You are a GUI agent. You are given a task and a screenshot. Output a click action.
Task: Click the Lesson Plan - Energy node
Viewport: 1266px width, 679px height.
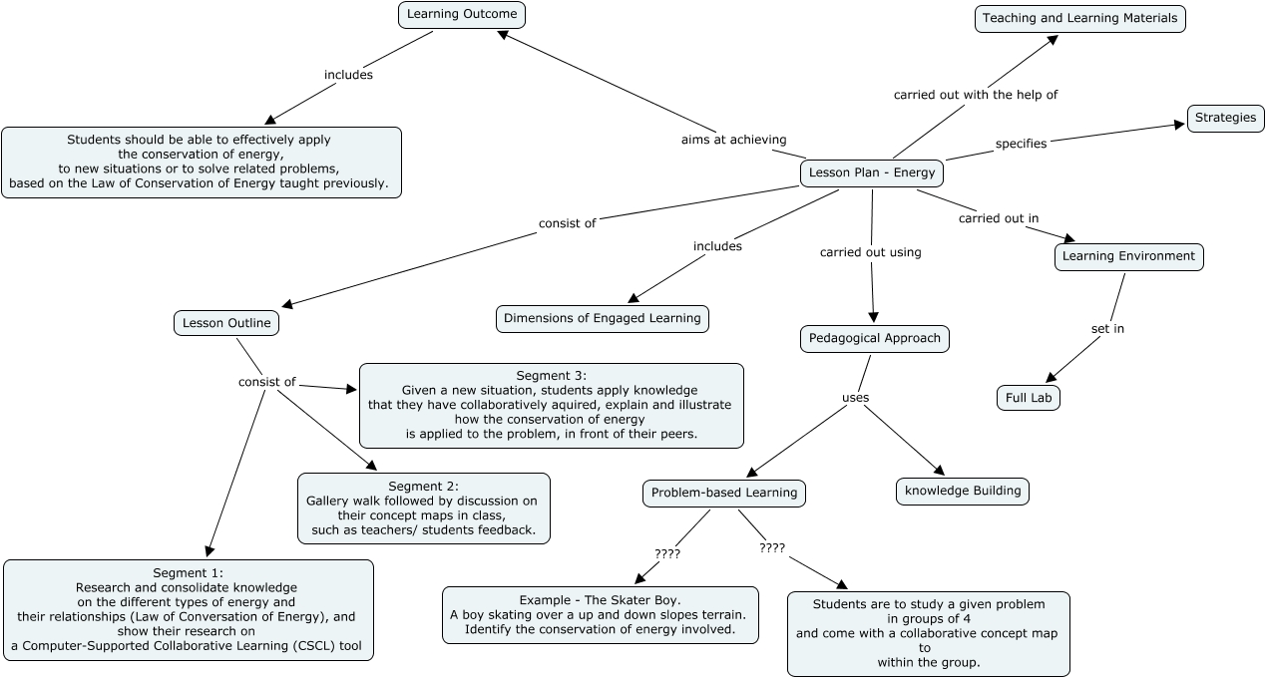[872, 172]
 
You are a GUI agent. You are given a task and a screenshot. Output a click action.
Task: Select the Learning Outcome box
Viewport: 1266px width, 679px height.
[461, 14]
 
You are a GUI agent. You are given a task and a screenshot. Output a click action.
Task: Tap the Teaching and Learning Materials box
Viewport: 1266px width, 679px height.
[1079, 18]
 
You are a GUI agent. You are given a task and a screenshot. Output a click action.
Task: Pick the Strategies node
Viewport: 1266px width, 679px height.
[1225, 118]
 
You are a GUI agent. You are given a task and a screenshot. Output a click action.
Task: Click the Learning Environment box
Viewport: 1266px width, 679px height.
[1128, 256]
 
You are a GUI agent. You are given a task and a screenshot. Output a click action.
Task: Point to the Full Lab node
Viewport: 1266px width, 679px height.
[1028, 398]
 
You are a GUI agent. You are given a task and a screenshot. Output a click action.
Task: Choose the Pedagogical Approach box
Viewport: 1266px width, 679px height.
[874, 338]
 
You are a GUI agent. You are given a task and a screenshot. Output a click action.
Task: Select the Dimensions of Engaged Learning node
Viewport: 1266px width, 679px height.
[602, 318]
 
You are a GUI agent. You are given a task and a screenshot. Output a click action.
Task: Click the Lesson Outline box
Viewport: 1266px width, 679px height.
[226, 323]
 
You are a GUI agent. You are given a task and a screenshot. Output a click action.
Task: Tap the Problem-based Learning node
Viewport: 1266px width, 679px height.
[723, 493]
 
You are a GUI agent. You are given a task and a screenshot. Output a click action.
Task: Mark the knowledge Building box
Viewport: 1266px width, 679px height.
[962, 491]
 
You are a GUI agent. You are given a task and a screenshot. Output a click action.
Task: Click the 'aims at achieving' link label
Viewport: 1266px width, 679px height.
[733, 140]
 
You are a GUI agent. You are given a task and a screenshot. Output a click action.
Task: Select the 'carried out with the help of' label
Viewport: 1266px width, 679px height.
[975, 95]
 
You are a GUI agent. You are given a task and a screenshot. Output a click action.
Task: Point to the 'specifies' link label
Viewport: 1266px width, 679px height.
[1021, 144]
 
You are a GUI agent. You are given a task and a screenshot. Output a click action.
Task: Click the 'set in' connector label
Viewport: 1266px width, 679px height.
[1106, 328]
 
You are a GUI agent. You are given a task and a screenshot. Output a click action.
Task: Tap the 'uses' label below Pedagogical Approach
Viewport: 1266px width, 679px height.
[855, 398]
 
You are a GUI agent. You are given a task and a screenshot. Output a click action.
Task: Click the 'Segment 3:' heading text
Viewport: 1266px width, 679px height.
[551, 375]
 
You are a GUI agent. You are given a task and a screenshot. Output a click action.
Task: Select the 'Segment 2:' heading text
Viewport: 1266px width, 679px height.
[423, 486]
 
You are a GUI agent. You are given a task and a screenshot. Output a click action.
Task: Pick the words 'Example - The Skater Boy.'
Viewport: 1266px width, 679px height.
[600, 600]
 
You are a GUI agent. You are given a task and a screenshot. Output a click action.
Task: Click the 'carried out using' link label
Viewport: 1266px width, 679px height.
[870, 252]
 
